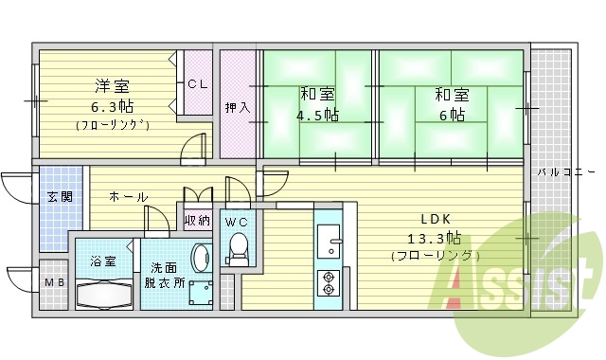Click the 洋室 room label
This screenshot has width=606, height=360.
click(113, 83)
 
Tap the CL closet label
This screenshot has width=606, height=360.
click(197, 83)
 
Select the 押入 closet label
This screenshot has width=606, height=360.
click(237, 107)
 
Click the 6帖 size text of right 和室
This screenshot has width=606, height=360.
click(452, 115)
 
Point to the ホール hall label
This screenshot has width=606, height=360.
click(128, 197)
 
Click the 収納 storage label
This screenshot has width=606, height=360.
click(197, 221)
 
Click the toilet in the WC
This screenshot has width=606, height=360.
click(238, 251)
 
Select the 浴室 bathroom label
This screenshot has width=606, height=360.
click(103, 261)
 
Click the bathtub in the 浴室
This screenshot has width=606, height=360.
click(105, 295)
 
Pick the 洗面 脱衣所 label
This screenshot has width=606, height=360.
click(164, 275)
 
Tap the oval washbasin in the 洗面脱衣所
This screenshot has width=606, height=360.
click(200, 258)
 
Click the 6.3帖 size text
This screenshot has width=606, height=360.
click(113, 104)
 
